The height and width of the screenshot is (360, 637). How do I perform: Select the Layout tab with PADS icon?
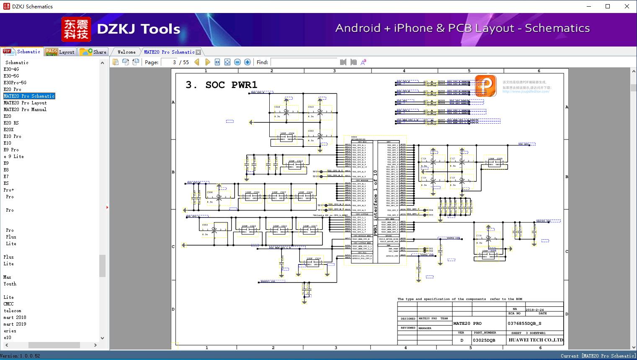[60, 52]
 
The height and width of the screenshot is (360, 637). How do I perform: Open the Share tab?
[93, 52]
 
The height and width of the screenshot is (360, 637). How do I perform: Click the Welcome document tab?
[126, 52]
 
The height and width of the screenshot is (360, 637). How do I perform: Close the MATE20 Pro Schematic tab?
[199, 52]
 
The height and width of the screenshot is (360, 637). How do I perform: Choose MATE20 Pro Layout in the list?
[25, 103]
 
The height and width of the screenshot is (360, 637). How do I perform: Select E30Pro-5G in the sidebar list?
[15, 83]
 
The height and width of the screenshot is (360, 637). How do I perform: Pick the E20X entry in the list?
[9, 129]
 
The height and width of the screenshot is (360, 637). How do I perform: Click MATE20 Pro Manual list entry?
[25, 109]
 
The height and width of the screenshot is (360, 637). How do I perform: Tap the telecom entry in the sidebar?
[13, 311]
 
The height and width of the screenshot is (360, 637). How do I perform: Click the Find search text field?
[304, 62]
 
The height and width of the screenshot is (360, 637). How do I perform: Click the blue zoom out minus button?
[237, 62]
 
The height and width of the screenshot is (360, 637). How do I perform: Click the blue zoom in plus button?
[248, 62]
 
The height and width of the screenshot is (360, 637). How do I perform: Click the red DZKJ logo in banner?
[76, 29]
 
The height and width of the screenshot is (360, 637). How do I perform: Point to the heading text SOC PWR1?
[231, 85]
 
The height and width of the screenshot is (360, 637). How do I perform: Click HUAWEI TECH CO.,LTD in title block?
[536, 340]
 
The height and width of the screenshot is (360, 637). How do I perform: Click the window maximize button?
[608, 6]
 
